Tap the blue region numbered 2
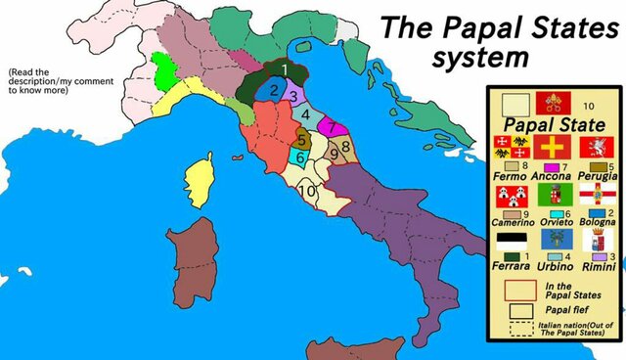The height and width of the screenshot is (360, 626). pyautogui.click(x=275, y=92)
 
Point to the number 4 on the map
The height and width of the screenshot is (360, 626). pyautogui.click(x=305, y=113)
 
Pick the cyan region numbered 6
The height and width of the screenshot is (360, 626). pyautogui.click(x=300, y=157)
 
